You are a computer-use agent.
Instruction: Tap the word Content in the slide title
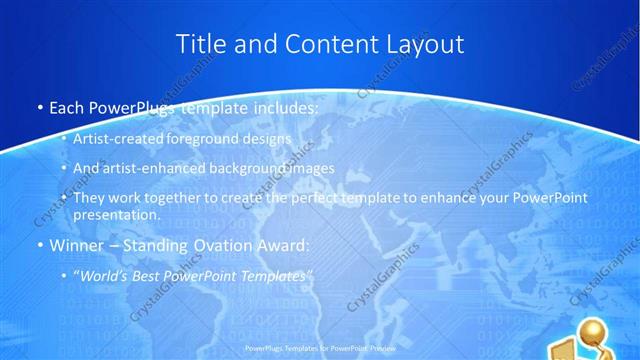(x=326, y=44)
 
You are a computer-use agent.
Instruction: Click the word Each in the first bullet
(x=67, y=107)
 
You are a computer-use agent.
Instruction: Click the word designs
(x=267, y=140)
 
